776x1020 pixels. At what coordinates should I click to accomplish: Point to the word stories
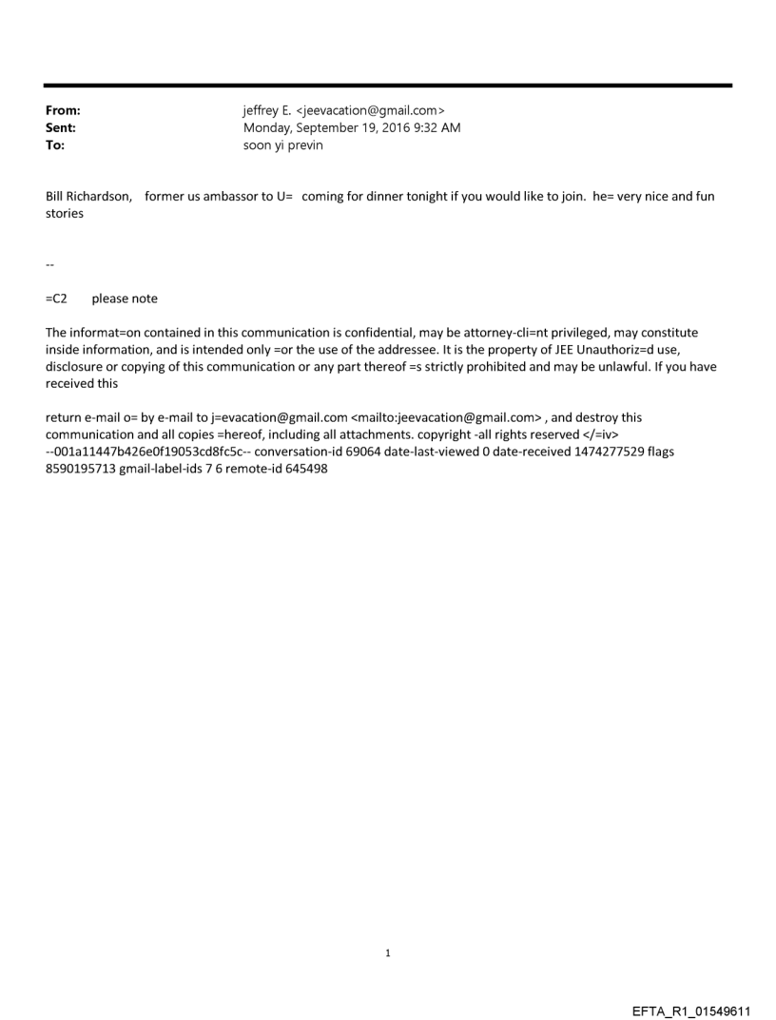click(x=65, y=214)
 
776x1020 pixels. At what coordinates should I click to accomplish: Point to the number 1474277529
click(x=594, y=452)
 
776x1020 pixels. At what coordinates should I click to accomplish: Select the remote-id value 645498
click(x=306, y=470)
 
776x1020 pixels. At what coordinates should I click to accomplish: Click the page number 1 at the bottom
click(x=388, y=953)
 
